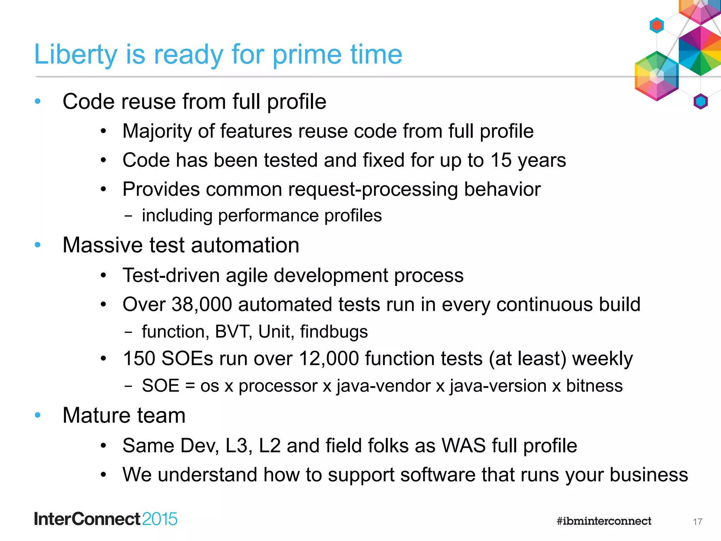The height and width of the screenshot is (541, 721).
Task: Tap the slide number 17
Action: (697, 522)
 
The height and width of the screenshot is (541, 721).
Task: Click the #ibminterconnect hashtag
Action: (604, 521)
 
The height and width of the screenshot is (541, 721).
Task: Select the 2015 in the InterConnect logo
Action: (160, 519)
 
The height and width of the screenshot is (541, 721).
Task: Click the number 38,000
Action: (201, 304)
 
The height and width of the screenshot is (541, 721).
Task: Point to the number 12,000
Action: (329, 359)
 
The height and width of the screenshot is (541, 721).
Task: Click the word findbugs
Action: (334, 332)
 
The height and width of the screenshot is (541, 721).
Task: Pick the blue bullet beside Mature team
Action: (38, 415)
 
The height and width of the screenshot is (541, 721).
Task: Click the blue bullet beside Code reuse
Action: (38, 102)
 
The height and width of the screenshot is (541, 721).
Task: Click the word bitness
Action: (594, 386)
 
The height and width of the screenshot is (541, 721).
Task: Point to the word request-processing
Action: (373, 189)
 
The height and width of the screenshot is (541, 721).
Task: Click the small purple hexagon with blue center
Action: (700, 102)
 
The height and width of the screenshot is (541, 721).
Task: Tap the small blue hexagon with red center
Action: (657, 25)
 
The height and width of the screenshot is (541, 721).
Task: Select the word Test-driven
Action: (171, 275)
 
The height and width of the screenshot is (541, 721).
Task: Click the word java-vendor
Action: (383, 386)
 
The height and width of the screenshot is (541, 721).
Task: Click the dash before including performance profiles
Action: (128, 216)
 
